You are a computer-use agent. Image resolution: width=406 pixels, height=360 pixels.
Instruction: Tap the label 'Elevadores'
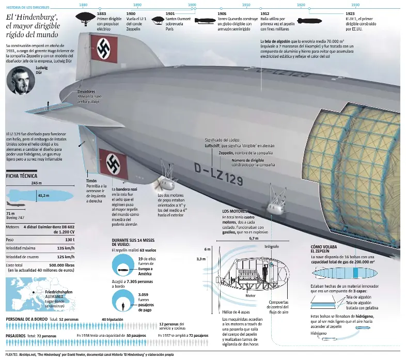(86, 91)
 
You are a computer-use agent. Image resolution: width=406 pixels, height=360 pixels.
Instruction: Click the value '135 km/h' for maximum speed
(65, 248)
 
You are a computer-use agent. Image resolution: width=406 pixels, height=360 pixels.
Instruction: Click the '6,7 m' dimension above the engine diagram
(253, 239)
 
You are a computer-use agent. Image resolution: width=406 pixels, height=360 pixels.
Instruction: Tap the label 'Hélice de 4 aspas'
(236, 312)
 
